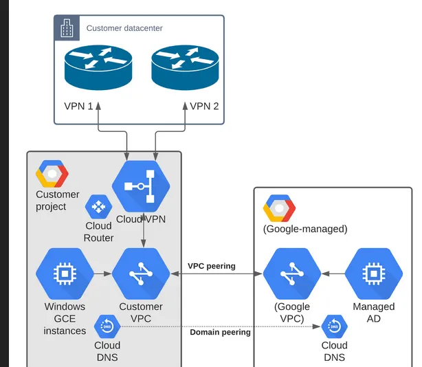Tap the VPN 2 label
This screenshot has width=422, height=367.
[x=204, y=107]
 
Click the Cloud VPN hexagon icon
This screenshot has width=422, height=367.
[x=140, y=186]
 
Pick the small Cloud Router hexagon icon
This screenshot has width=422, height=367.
[x=98, y=206]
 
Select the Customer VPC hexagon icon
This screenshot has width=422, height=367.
[x=140, y=274]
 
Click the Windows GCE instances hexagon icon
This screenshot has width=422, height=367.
[x=65, y=274]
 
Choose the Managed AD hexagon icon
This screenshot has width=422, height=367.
[x=373, y=274]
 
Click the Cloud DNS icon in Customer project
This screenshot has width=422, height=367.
[x=107, y=326]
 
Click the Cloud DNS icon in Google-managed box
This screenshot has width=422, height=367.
[x=334, y=326]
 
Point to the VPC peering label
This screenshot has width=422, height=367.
[x=211, y=266]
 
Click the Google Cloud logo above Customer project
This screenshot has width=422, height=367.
[x=52, y=174]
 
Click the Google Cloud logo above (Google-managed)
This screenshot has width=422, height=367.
[x=279, y=208]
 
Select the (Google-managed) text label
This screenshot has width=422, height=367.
[x=305, y=229]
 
